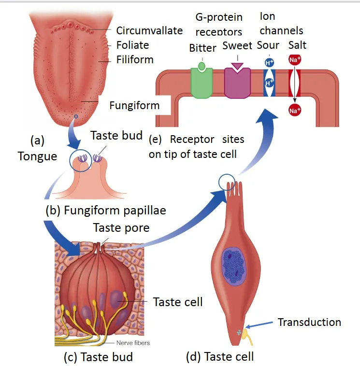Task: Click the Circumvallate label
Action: [149, 30]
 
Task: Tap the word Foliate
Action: [132, 45]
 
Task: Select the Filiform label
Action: [135, 60]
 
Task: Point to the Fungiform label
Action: [134, 105]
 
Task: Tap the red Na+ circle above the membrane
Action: [294, 60]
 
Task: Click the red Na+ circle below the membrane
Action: [294, 111]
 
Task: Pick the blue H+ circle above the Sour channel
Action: [269, 62]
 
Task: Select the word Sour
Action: [268, 45]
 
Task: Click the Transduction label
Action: [309, 322]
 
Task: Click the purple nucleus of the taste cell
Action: [235, 265]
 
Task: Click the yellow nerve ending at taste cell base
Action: [246, 333]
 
